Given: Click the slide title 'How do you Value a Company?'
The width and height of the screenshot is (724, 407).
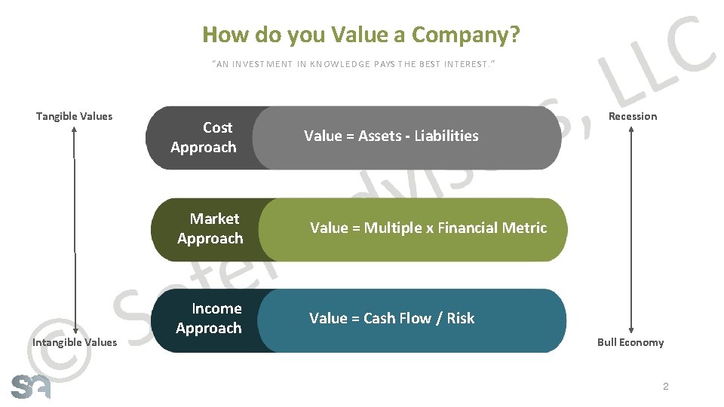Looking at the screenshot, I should click(361, 35).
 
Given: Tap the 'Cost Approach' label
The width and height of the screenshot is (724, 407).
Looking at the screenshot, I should click(204, 137).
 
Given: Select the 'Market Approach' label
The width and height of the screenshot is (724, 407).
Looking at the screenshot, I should click(210, 228).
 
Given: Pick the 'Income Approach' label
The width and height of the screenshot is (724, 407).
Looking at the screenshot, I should click(209, 318).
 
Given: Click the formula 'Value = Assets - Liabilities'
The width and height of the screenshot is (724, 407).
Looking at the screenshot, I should click(391, 136).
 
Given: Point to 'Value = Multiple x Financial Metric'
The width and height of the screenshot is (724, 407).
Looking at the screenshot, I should click(428, 228).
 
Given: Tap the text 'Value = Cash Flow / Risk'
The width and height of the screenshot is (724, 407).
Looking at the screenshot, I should click(391, 318).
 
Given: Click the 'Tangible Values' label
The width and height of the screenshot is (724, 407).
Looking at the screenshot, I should click(74, 116).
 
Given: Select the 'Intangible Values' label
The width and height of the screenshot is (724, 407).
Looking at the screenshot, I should click(75, 342).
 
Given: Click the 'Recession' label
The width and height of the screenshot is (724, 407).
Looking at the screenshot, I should click(633, 116).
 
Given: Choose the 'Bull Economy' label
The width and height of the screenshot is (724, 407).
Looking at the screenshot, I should click(630, 342).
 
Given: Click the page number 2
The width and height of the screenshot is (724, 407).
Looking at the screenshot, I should click(665, 387).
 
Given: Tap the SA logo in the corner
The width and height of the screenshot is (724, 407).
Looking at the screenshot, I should click(31, 385).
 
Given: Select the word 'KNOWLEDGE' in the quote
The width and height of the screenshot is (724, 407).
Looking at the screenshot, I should click(339, 64).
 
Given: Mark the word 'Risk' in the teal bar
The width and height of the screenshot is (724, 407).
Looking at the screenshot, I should click(460, 318).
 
